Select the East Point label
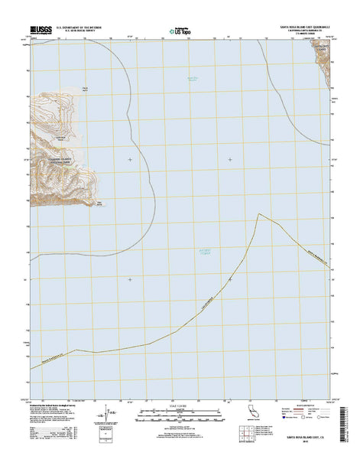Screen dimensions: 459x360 click(98, 203)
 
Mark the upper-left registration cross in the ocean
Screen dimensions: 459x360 click(130, 159)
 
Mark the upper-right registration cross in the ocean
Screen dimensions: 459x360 click(230, 159)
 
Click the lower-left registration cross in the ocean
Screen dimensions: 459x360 click(130, 278)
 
